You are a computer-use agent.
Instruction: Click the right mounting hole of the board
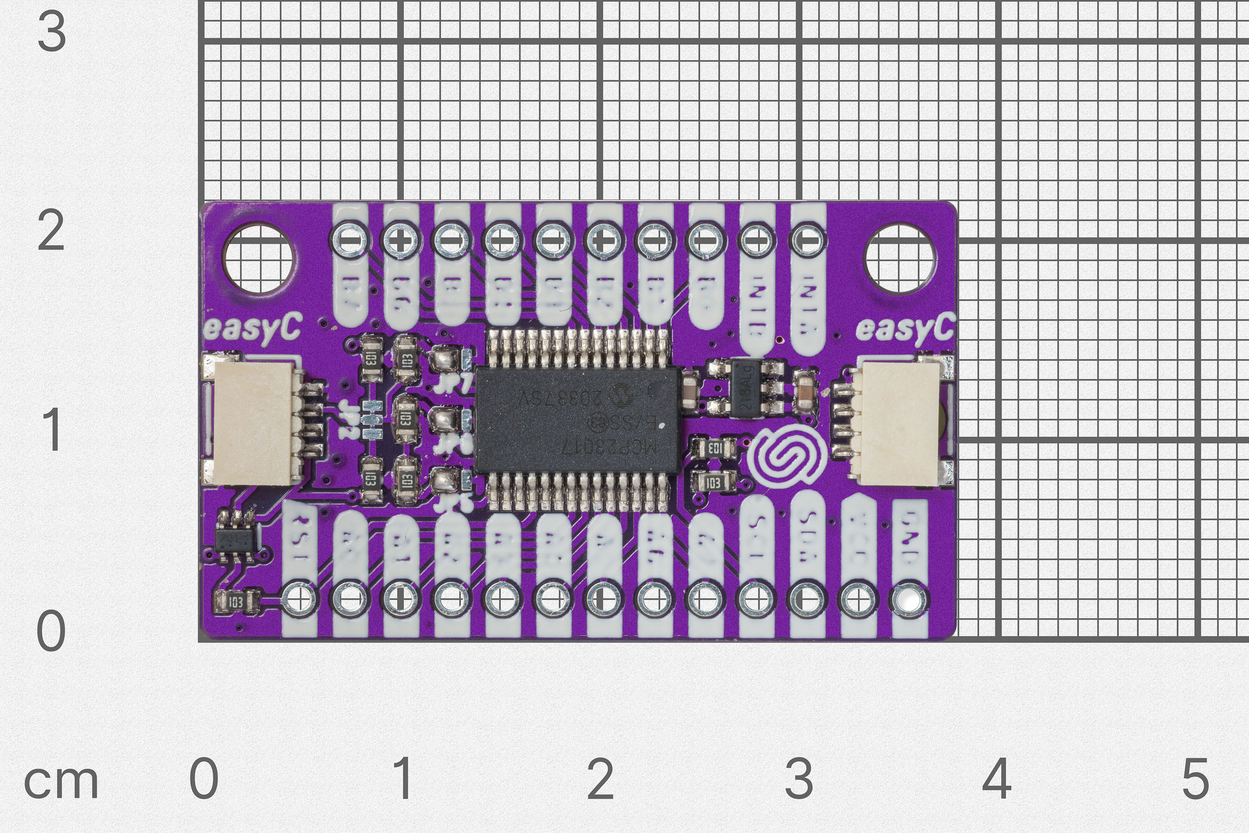tap(900, 259)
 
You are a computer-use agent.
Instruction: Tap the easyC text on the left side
tap(253, 328)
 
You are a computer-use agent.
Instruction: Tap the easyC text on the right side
tap(904, 328)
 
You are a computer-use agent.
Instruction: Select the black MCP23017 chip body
tap(578, 420)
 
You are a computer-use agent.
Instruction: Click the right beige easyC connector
tap(900, 423)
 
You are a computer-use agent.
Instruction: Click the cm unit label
tap(61, 782)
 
